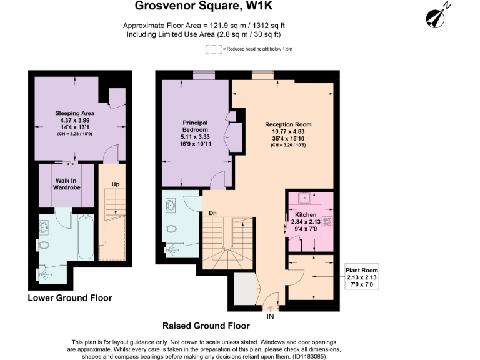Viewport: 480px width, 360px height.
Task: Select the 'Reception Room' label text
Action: click(x=288, y=124)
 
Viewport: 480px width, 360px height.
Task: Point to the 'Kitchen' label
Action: click(x=306, y=215)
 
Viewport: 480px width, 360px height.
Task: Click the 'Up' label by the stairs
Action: click(x=115, y=184)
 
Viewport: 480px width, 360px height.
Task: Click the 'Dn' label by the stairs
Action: click(x=212, y=212)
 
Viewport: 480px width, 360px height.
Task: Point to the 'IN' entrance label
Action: click(x=271, y=316)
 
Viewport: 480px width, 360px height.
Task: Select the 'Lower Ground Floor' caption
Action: click(x=70, y=298)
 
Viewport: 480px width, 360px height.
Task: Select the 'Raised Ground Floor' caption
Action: click(x=206, y=326)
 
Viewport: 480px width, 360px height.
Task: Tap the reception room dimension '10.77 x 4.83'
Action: click(x=288, y=132)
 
